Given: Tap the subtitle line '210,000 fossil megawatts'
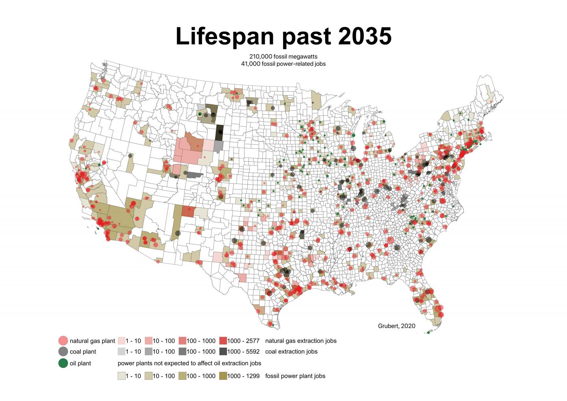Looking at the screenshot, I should tap(283, 57).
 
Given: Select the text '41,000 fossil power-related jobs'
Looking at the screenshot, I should tap(283, 63).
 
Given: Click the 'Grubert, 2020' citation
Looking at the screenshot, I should tap(397, 326).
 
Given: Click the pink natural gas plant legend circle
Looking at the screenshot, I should tap(63, 341).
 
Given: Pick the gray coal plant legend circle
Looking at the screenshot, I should tap(63, 351).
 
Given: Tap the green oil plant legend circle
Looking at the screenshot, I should tap(63, 363).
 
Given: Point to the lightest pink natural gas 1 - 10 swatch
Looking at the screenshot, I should tap(121, 341).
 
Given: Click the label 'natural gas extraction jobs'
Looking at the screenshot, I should tap(301, 341).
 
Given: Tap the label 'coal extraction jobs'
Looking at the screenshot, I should tap(291, 351).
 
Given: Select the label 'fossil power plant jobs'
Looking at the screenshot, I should tap(295, 376).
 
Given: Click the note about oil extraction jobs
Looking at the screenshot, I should tap(189, 363).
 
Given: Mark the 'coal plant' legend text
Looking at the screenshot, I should tap(83, 351).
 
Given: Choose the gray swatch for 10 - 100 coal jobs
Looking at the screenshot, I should tap(148, 351).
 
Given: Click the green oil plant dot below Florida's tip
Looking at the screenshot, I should tap(428, 332).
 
